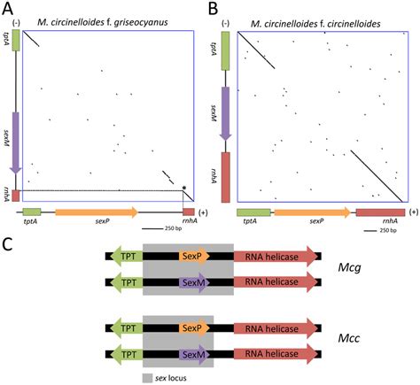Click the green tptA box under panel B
tap(255, 212)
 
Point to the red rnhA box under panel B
tap(379, 212)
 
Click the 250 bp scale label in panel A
tap(158, 235)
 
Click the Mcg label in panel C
tap(353, 269)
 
